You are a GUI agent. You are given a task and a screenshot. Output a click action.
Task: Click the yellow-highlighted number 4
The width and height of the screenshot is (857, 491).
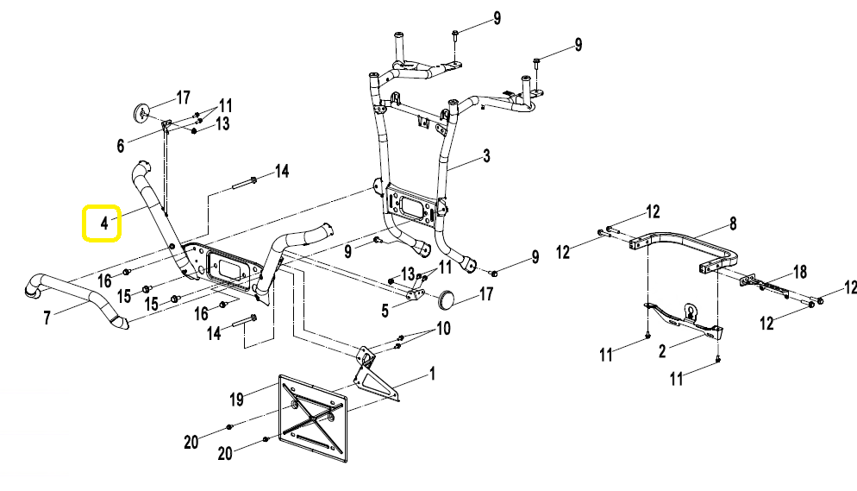[102, 223]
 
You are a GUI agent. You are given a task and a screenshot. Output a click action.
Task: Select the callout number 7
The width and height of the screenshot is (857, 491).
[47, 318]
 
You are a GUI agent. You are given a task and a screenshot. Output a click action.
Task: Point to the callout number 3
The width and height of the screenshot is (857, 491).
[486, 156]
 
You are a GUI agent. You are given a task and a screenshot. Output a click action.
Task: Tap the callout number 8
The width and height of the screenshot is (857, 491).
[733, 223]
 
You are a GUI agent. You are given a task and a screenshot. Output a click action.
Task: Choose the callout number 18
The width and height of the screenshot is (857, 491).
[800, 273]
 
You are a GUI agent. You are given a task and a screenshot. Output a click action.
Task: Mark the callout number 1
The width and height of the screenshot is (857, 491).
[432, 375]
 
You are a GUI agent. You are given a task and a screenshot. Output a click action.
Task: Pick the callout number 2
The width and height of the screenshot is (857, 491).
[662, 351]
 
